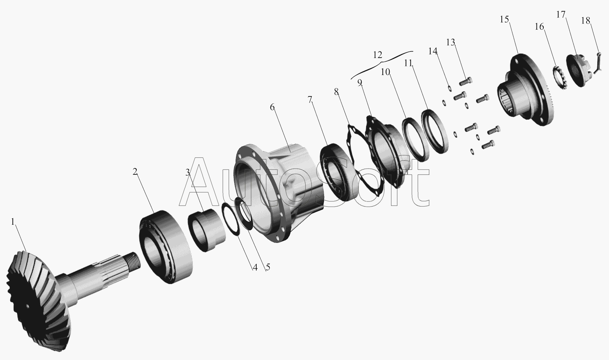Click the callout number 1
pyautogui.click(x=12, y=222)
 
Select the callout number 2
pyautogui.click(x=135, y=171)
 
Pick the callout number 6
pyautogui.click(x=272, y=107)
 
